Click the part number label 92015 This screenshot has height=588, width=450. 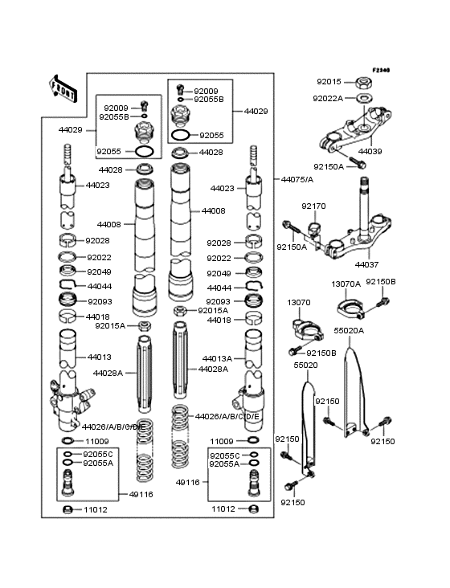pyautogui.click(x=329, y=82)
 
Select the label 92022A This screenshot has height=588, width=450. pyautogui.click(x=329, y=98)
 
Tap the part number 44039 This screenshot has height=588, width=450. pyautogui.click(x=370, y=151)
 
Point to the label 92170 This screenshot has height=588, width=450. pyautogui.click(x=313, y=206)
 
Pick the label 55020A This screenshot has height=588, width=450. pyautogui.click(x=349, y=330)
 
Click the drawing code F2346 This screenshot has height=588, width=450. pyautogui.click(x=380, y=71)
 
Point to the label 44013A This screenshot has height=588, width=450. pyautogui.click(x=218, y=358)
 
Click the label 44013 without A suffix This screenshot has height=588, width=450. pyautogui.click(x=100, y=357)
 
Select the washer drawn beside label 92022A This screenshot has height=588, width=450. pyautogui.click(x=362, y=98)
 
